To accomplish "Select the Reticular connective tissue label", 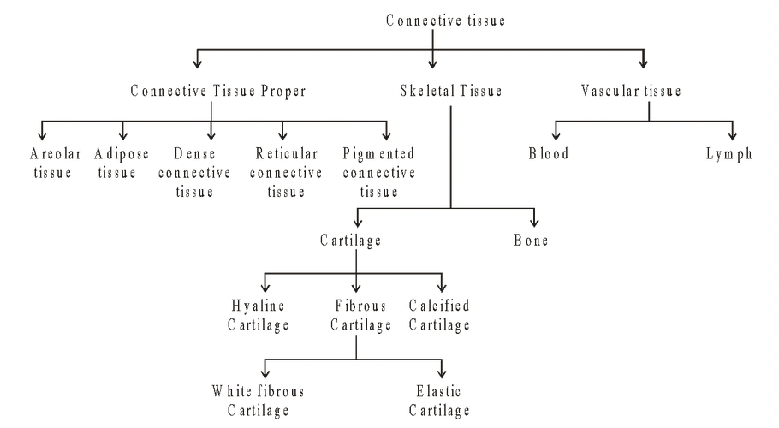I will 288,172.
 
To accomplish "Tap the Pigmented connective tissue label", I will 378,172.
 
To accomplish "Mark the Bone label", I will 532,241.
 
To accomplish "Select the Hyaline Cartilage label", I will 258,314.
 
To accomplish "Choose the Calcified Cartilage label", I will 439,314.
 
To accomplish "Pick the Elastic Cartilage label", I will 439,401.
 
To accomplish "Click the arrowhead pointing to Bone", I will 536,221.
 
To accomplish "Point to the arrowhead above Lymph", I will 734,135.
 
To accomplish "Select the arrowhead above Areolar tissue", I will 39,135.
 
